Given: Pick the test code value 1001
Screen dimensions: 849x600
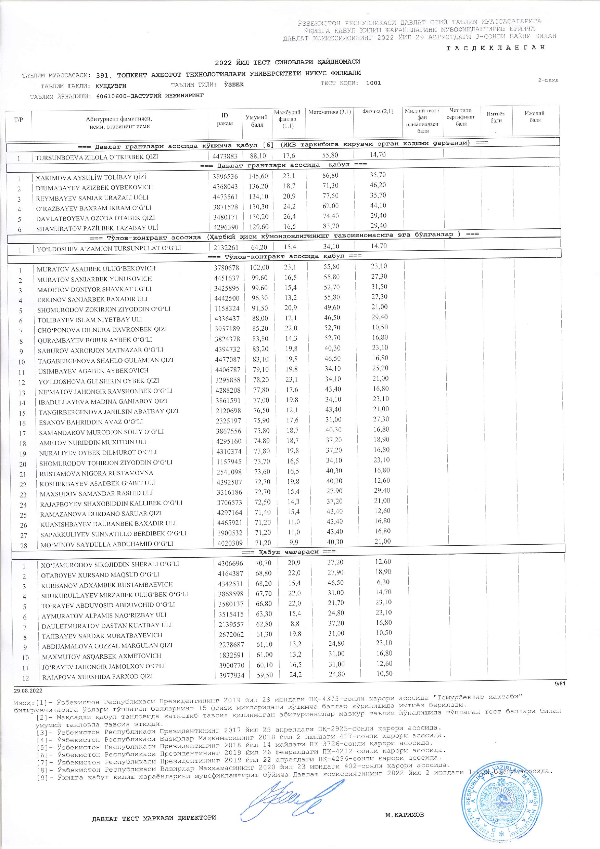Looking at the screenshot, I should click(x=373, y=83).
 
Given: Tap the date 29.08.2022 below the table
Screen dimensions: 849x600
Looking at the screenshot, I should click(x=28, y=691).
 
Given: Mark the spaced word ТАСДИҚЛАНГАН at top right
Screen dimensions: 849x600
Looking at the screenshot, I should click(x=496, y=47).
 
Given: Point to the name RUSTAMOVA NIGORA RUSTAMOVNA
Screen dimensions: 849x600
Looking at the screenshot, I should click(x=97, y=473).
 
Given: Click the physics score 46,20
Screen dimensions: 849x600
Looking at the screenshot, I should click(x=378, y=185).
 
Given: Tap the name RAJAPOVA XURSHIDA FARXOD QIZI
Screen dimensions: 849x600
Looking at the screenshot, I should click(x=98, y=677).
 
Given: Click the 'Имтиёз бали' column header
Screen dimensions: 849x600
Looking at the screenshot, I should click(x=495, y=117).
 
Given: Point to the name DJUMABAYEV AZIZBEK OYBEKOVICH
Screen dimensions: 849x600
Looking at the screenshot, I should click(x=94, y=188).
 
